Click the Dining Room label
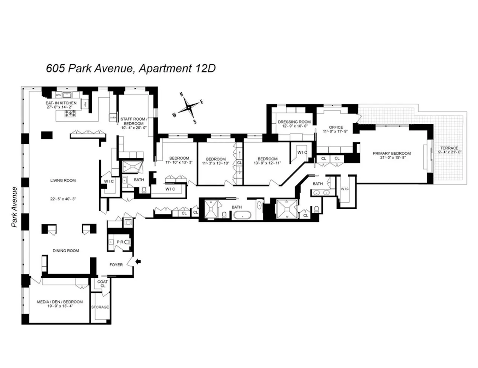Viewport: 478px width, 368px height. click(x=66, y=250)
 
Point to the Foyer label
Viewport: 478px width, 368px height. click(x=116, y=265)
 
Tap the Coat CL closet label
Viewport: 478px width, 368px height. click(x=103, y=284)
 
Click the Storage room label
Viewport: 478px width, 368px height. click(x=100, y=307)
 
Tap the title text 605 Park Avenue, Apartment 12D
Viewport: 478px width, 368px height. click(x=131, y=68)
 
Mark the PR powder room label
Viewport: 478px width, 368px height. click(x=120, y=242)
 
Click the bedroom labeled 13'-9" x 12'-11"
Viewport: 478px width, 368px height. click(x=267, y=161)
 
